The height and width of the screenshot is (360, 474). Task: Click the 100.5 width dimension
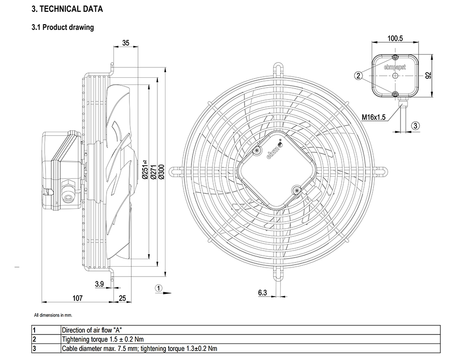point(395,38)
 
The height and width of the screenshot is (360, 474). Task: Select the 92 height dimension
point(428,75)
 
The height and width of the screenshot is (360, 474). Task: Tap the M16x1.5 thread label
point(374,117)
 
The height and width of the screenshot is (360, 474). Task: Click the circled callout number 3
point(416,126)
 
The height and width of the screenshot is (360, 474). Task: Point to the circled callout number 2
point(358,75)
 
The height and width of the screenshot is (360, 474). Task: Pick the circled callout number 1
point(159,288)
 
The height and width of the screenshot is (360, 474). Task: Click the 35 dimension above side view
point(126,43)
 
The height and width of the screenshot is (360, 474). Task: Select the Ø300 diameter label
point(161,171)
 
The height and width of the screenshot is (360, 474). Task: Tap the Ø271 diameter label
point(153,171)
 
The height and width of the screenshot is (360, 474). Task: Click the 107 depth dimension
point(77,298)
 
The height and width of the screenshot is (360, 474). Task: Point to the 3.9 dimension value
point(100,284)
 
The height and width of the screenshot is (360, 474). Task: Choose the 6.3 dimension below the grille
point(263,292)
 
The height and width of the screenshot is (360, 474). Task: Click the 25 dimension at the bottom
point(122,298)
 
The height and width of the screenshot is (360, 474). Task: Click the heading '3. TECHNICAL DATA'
point(67,9)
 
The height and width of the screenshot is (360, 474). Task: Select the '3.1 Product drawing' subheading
point(63,27)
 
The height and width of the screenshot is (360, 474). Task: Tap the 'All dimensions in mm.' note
point(53,315)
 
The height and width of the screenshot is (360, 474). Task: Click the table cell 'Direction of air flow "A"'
point(92,330)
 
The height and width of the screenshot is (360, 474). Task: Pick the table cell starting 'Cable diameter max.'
point(139,349)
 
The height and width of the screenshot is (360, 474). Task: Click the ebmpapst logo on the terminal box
point(395,67)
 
